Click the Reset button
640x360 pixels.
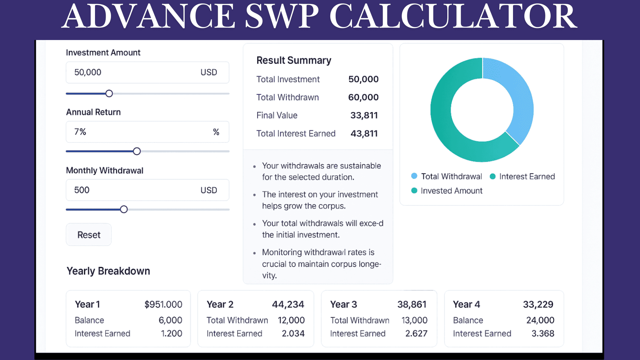pos(89,235)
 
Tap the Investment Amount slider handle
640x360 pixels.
pos(109,94)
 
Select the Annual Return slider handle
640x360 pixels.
pos(137,151)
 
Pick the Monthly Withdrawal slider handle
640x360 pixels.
pos(124,209)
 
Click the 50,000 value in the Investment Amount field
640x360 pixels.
pos(88,72)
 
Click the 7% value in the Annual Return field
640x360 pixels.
pos(80,132)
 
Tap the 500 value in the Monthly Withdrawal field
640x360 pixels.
pos(82,190)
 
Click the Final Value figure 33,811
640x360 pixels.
pos(364,115)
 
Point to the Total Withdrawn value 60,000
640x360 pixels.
pos(363,97)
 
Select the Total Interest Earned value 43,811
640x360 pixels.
pos(364,133)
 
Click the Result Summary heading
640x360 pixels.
pos(294,60)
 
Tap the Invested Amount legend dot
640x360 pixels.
pos(414,191)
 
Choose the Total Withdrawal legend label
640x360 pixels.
pos(451,176)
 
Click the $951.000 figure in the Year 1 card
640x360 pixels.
pos(163,304)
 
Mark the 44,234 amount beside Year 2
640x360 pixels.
pos(288,304)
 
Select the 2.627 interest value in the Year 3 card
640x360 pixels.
pos(416,333)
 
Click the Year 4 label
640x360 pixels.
pos(466,304)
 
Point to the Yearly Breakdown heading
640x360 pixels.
pos(108,271)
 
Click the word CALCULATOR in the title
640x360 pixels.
pos(453,17)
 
